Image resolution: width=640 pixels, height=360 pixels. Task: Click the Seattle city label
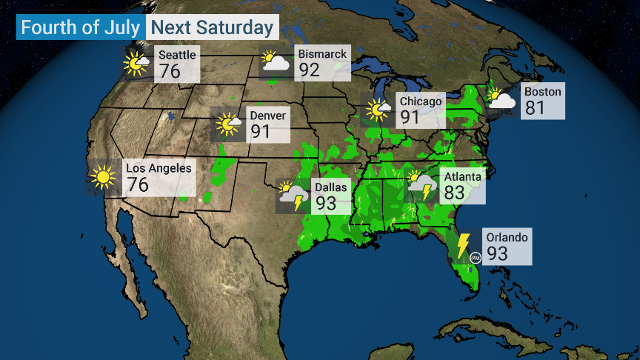coord(177,55)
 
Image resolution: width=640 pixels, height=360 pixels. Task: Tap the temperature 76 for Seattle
coord(170,72)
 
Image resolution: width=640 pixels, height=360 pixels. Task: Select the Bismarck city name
coord(321,54)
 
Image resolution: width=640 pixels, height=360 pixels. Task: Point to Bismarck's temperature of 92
coord(310,70)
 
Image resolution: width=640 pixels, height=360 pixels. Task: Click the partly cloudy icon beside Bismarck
coord(275,61)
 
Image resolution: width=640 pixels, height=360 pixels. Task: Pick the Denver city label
coord(267,116)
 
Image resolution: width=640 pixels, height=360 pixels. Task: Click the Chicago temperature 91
coord(410,117)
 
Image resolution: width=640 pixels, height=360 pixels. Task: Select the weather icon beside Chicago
coord(379,110)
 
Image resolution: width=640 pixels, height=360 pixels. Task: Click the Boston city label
coord(542,92)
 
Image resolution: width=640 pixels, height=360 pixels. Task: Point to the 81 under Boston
coord(535,108)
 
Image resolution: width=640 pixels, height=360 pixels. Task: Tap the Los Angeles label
coord(159,168)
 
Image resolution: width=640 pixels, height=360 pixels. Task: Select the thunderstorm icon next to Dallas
coord(293,196)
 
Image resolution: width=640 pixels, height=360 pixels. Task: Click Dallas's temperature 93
coord(326,202)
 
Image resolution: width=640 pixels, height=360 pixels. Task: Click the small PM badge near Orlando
coord(476,257)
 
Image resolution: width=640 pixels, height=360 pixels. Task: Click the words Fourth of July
coord(81,28)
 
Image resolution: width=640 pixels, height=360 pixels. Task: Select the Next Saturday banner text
coord(212,28)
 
